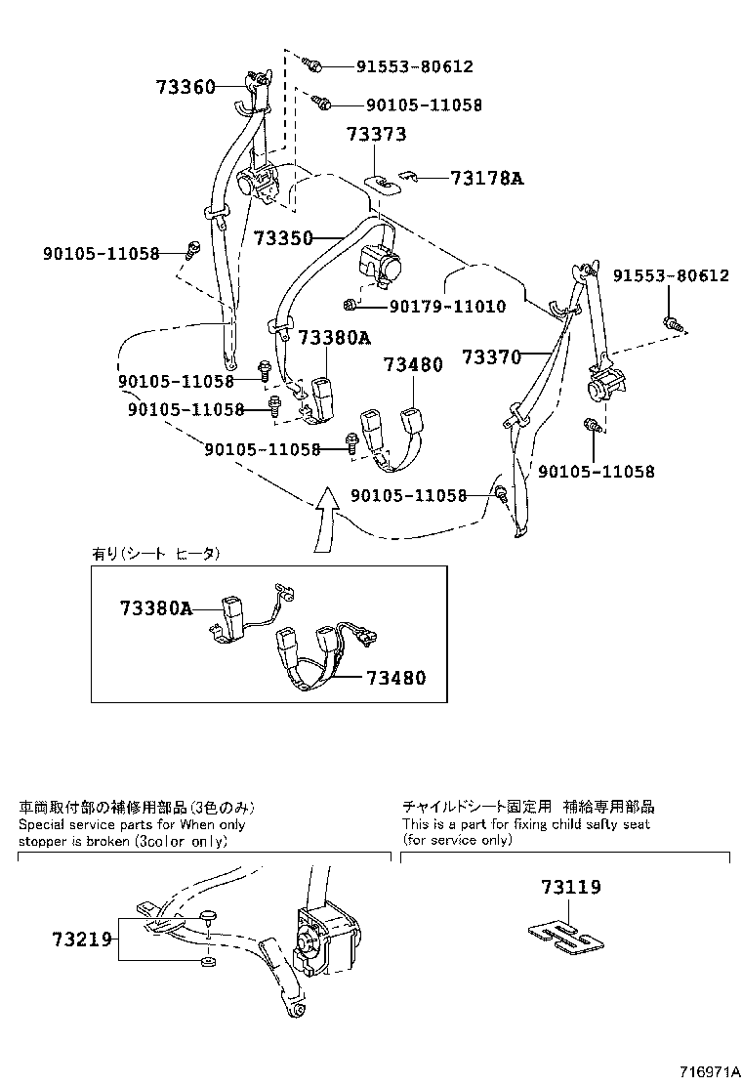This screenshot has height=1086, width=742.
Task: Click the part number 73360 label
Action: click(x=185, y=87)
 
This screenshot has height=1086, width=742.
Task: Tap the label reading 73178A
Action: click(x=486, y=178)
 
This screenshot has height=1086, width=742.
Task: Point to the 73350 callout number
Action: click(x=283, y=238)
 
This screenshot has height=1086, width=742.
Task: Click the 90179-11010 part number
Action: click(x=447, y=307)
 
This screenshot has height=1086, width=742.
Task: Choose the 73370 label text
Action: click(x=490, y=357)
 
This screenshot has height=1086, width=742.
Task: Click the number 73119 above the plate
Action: click(x=571, y=888)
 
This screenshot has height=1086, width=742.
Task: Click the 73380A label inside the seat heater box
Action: click(x=155, y=607)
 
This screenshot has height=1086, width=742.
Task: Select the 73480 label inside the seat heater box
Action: click(x=395, y=677)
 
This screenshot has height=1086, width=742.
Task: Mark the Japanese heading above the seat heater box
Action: click(x=156, y=554)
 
